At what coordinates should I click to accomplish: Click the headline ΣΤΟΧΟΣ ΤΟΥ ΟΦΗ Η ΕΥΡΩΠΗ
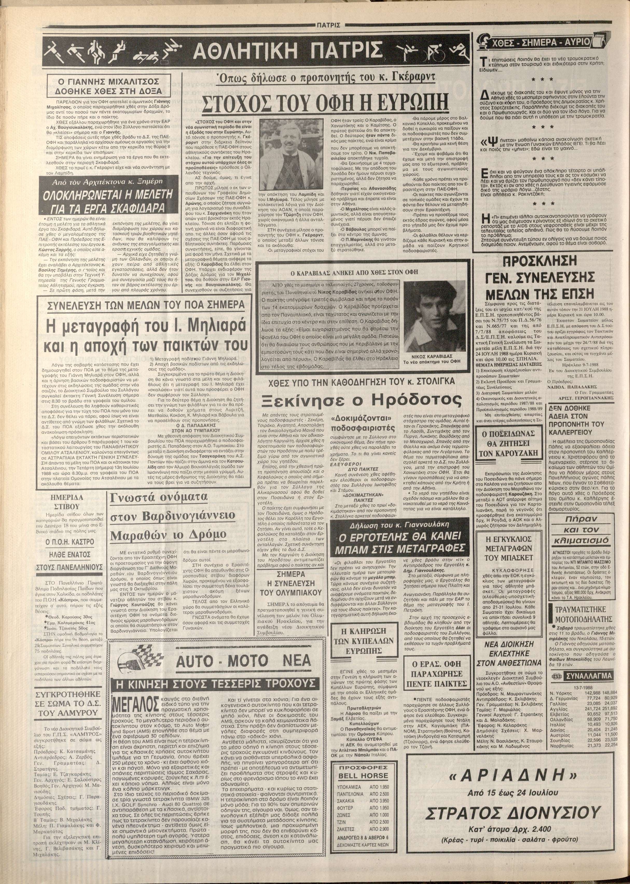325,103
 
